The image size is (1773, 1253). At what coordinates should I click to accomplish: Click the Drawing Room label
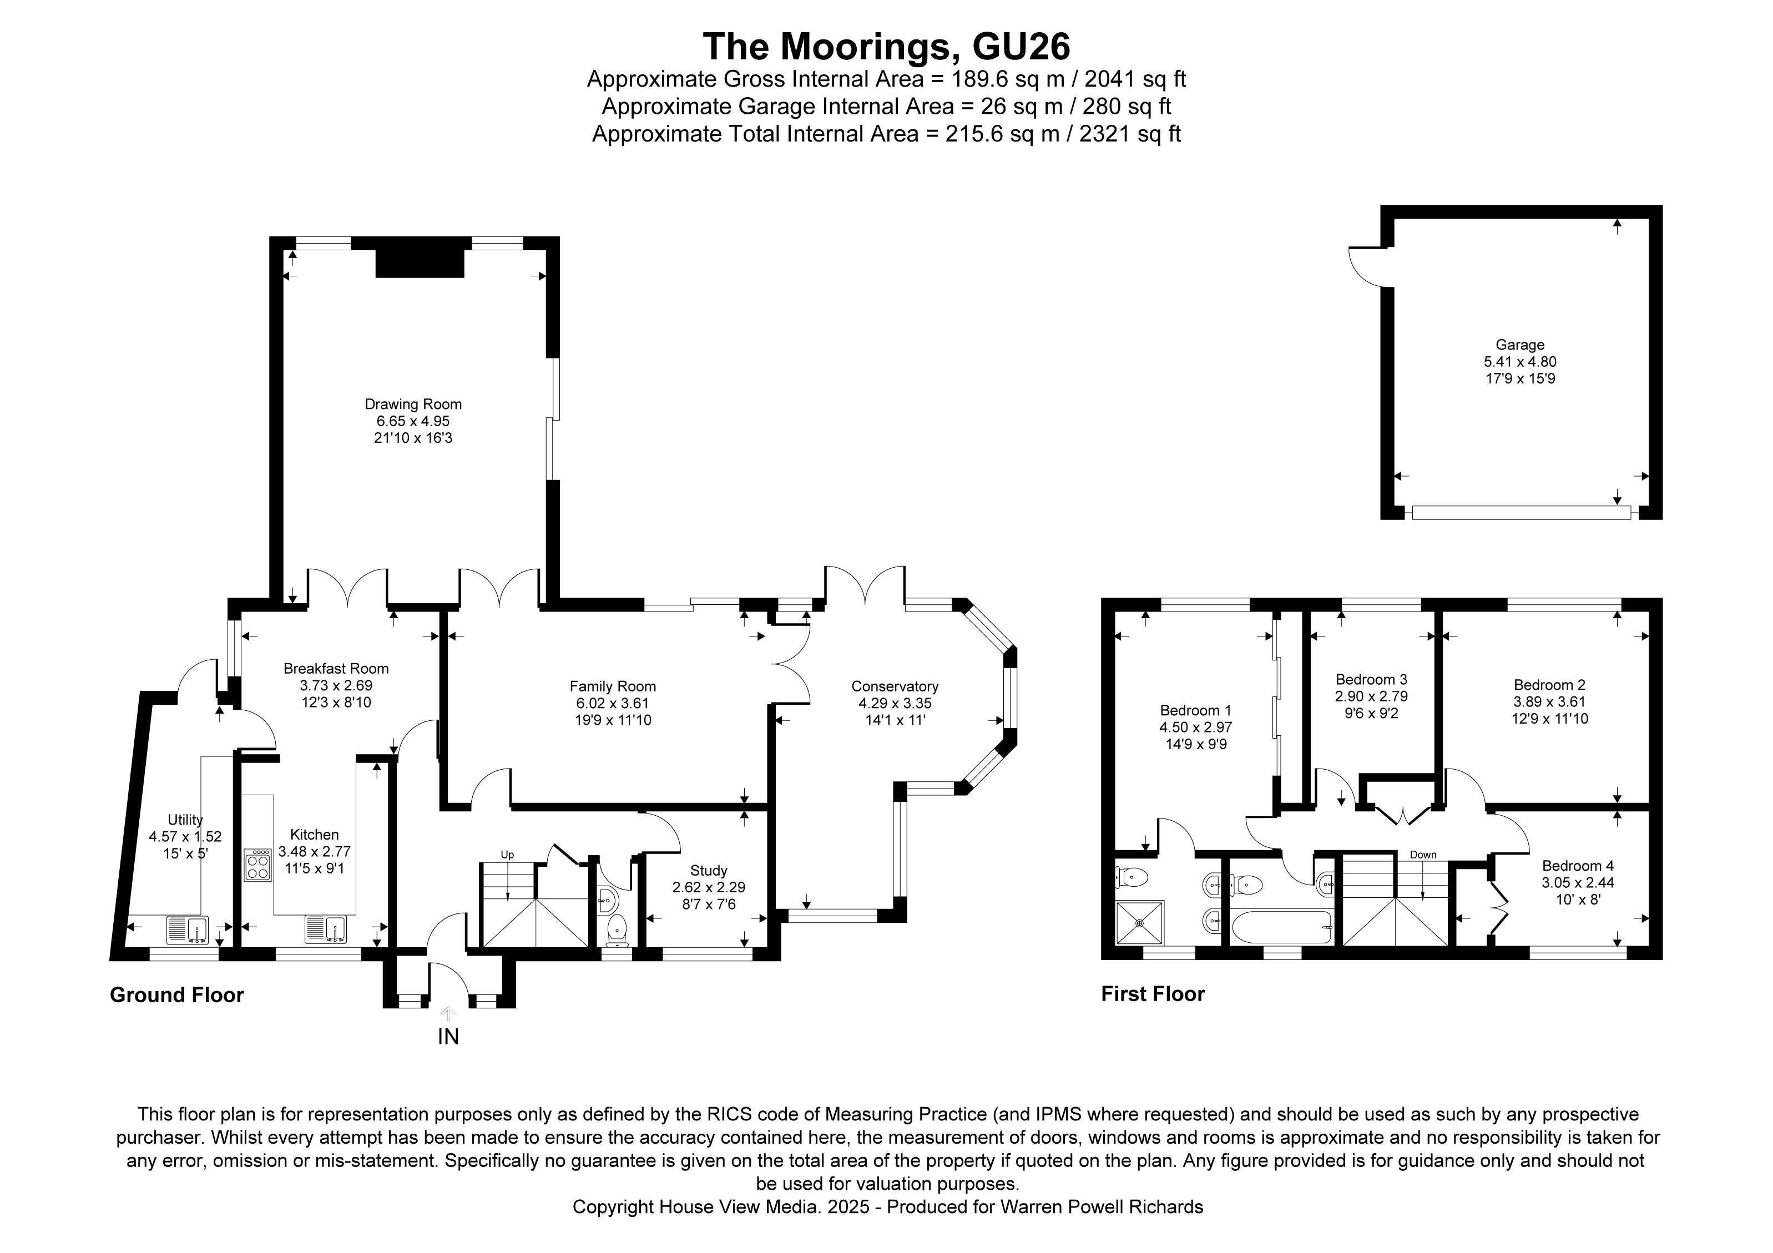413,404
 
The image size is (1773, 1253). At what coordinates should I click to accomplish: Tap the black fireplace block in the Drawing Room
420,262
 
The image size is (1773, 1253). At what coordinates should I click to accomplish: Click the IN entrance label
448,1036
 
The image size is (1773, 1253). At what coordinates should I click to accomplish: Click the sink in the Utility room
188,929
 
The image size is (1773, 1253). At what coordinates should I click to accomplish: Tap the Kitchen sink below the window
325,929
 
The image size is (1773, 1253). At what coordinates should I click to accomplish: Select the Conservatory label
894,686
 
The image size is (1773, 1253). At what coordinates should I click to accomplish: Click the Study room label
708,870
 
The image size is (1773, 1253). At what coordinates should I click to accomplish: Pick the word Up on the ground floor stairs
507,855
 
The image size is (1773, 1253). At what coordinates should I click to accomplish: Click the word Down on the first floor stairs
1422,855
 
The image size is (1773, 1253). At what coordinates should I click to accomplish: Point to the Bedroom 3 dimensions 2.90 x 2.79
1371,696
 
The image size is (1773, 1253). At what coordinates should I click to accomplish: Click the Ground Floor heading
177,994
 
